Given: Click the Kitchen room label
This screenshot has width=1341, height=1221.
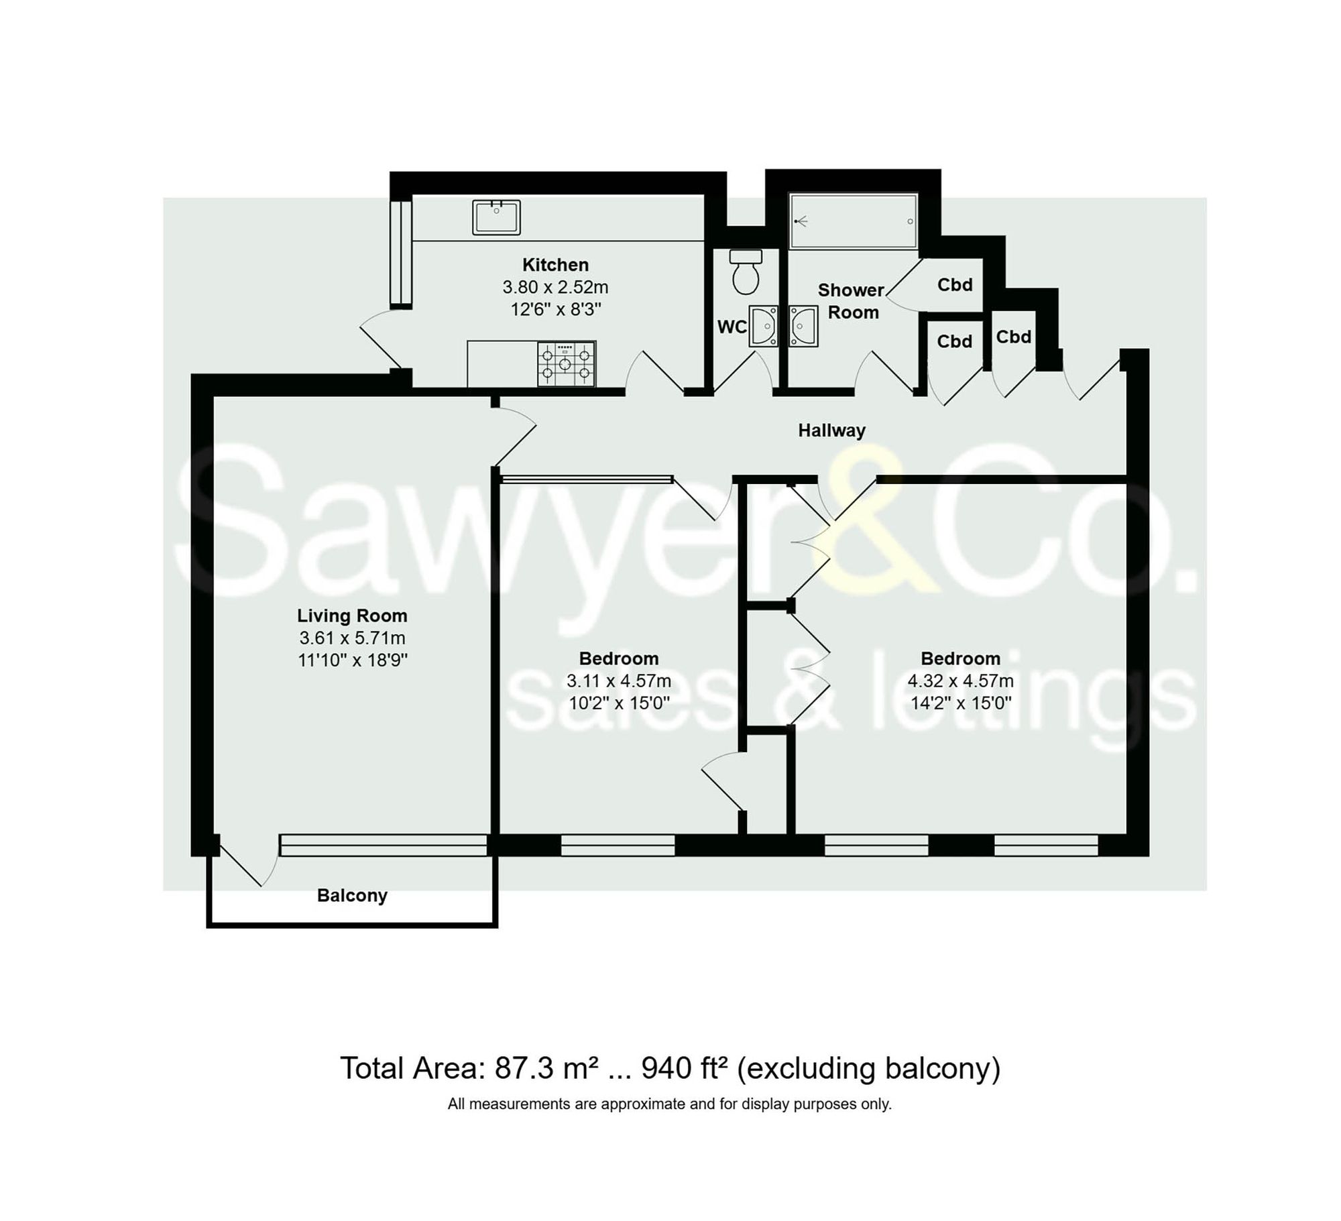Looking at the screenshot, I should [x=555, y=265].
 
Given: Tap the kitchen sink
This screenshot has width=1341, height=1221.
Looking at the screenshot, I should [x=496, y=217].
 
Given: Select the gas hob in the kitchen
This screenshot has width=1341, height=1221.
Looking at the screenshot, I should [x=566, y=364].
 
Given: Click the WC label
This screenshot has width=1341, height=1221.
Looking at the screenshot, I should [x=732, y=327].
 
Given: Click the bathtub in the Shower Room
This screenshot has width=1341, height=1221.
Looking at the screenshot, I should [x=853, y=221].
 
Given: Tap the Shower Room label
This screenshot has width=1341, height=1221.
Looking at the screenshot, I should [x=851, y=301].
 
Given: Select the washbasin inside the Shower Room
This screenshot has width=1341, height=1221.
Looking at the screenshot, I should [x=803, y=327].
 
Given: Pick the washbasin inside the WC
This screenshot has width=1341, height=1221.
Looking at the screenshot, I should [x=764, y=327].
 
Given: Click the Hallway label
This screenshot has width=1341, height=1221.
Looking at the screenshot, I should [x=831, y=430].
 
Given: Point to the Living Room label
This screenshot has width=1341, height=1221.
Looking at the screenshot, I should [x=352, y=616].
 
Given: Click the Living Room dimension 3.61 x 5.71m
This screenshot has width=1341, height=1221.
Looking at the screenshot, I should [x=352, y=638].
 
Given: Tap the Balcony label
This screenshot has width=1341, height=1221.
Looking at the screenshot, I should [x=352, y=896].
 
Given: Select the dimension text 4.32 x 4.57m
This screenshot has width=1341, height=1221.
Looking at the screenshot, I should [x=960, y=681].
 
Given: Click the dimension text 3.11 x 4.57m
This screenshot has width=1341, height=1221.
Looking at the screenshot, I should [x=618, y=681].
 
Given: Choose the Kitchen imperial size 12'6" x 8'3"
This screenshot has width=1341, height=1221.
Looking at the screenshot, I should [x=555, y=310].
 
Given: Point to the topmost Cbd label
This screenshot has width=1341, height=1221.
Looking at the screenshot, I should [x=955, y=285].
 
